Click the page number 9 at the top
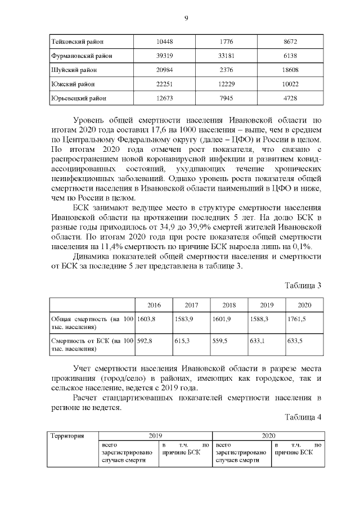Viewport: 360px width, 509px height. click(186, 19)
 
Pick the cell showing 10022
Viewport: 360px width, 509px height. click(291, 84)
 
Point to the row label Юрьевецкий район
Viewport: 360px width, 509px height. click(79, 98)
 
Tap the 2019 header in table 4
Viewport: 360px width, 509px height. click(155, 435)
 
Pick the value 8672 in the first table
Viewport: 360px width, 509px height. click(291, 42)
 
